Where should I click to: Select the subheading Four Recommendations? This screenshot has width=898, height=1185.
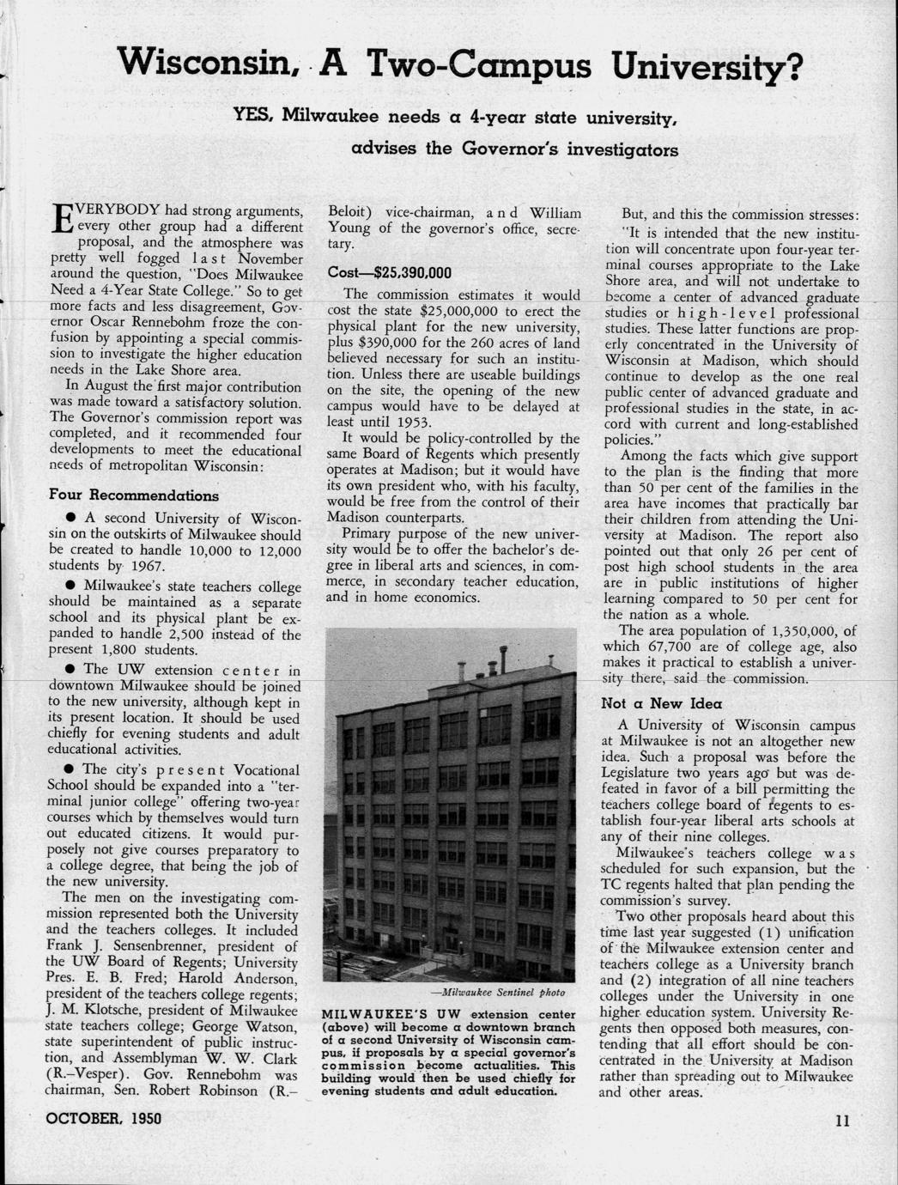tap(133, 495)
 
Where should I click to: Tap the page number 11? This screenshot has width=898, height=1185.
tap(841, 1120)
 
